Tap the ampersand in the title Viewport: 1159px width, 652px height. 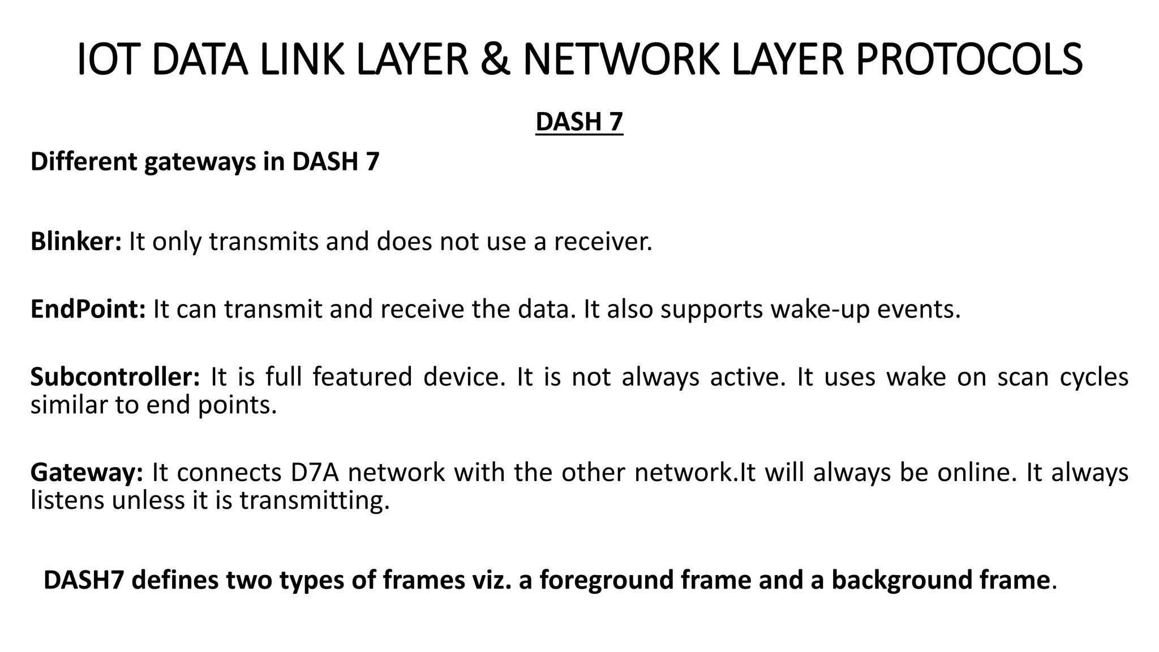tap(495, 59)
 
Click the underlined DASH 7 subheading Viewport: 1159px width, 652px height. tap(579, 122)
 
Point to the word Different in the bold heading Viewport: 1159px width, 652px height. tap(84, 162)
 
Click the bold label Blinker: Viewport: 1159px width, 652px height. tap(76, 242)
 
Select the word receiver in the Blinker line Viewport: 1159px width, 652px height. tap(602, 242)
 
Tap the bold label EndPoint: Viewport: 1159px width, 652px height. tap(88, 310)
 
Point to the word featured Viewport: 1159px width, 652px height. tap(362, 377)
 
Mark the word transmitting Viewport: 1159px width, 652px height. tap(315, 501)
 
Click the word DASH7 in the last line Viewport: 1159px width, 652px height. tap(83, 580)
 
